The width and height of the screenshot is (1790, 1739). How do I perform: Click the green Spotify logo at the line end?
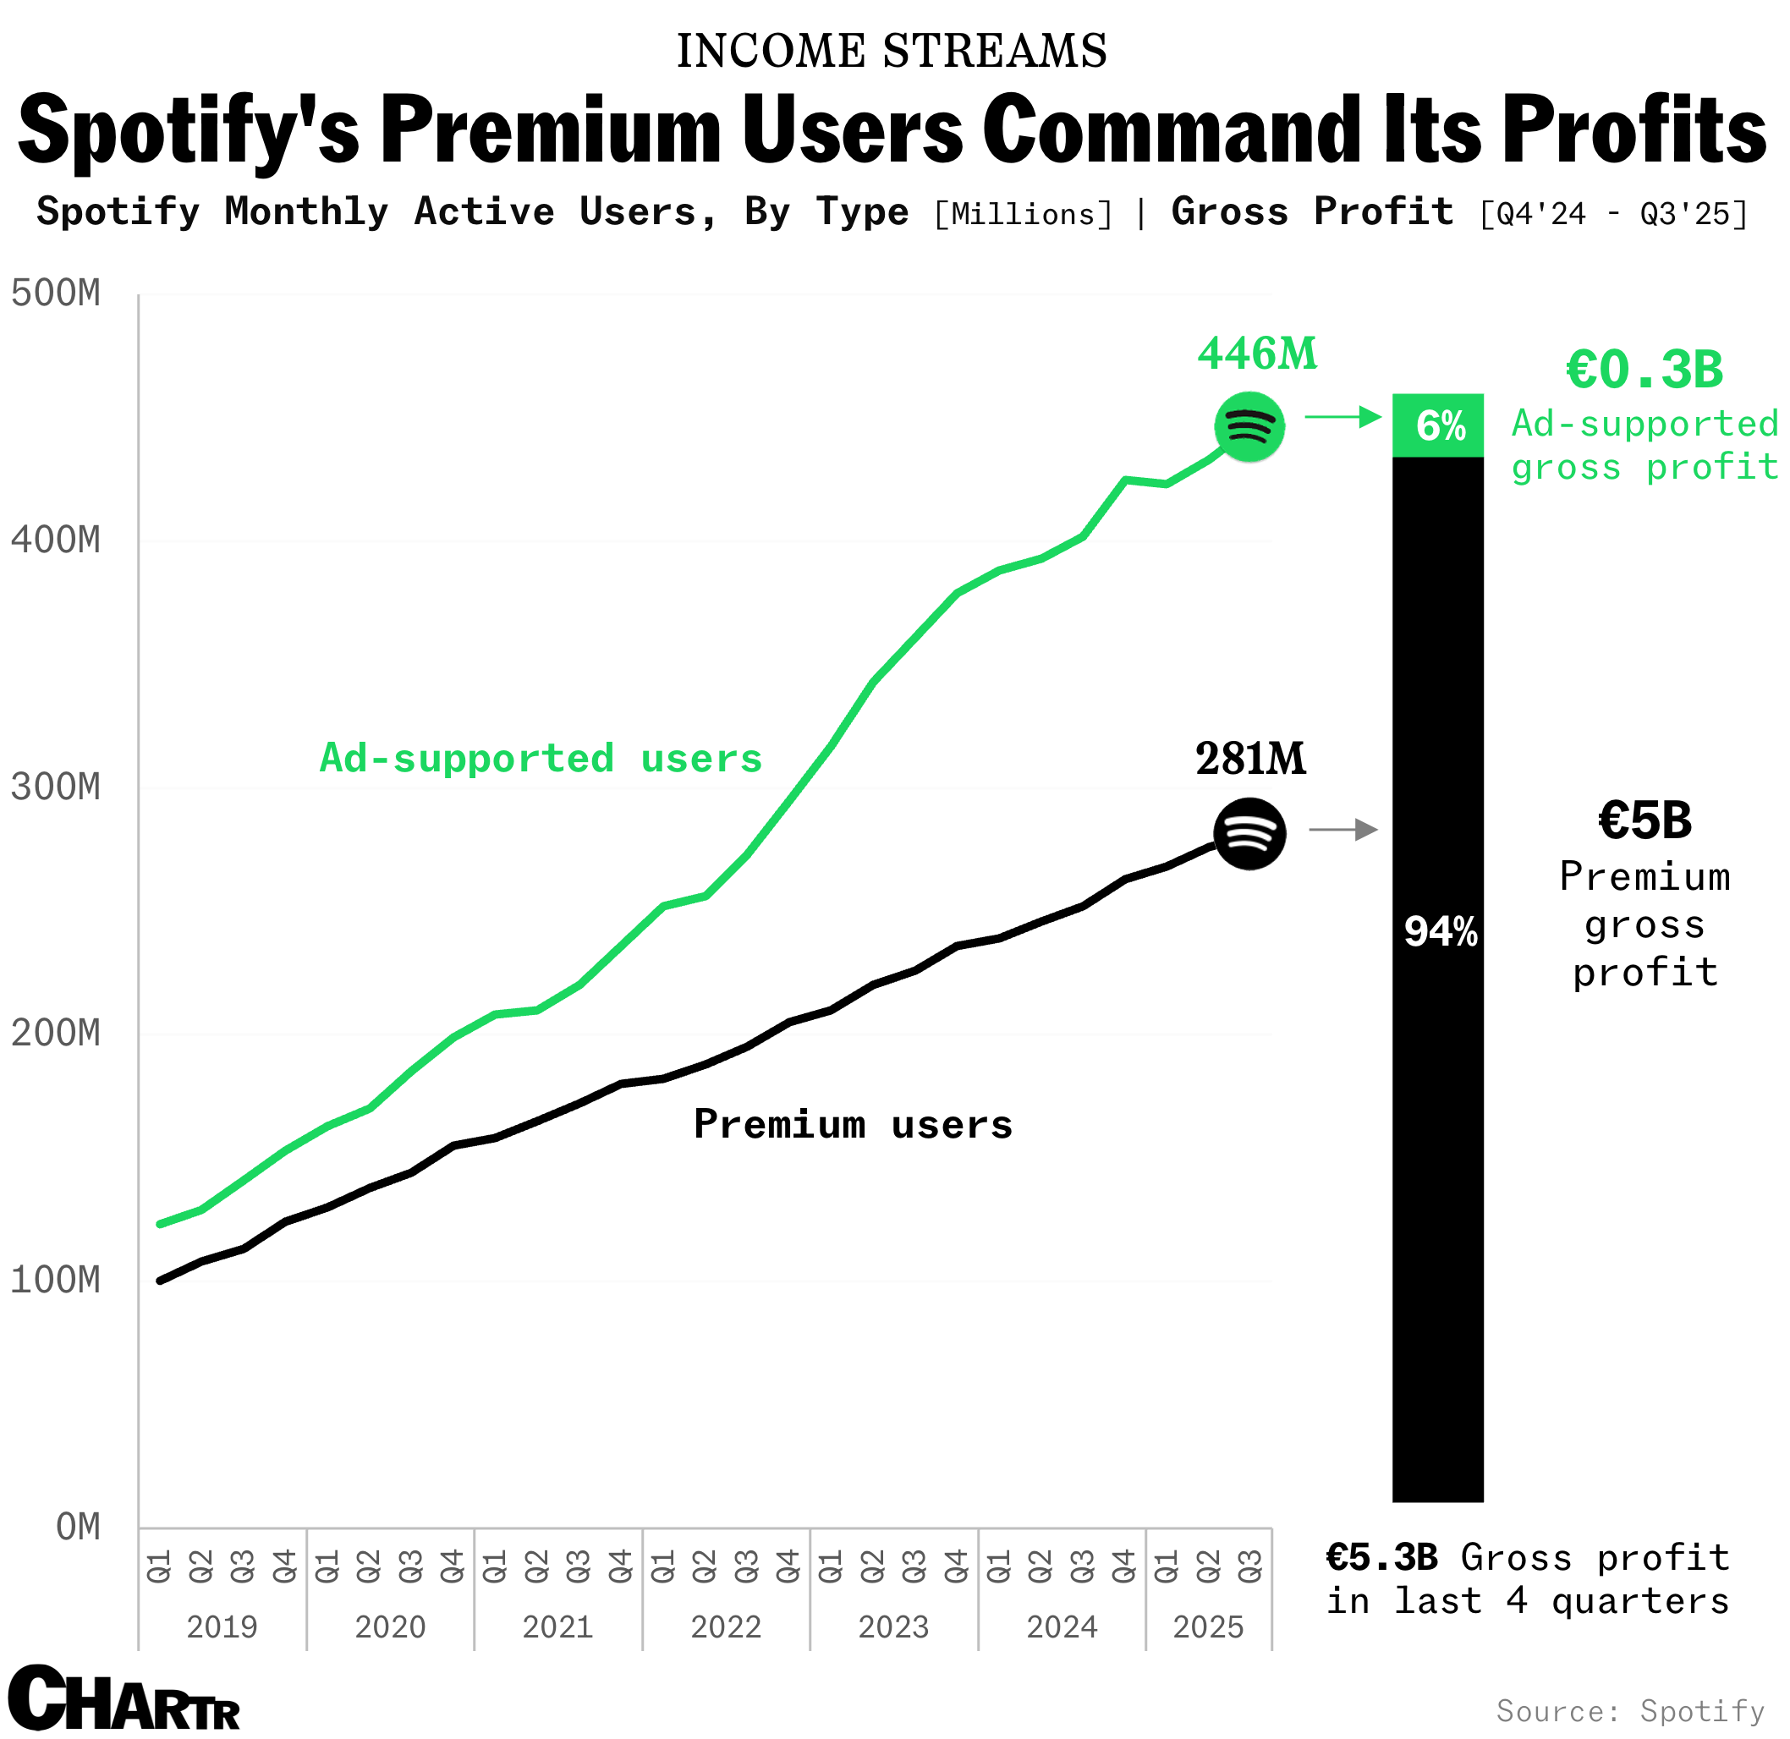tap(1249, 426)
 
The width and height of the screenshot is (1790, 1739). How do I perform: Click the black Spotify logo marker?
tap(1249, 833)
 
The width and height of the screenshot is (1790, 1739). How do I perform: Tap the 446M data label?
tap(1257, 354)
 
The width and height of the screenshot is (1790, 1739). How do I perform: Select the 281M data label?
tap(1250, 759)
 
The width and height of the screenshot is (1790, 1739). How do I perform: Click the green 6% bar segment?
tap(1437, 425)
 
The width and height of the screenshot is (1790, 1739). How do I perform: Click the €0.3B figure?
tap(1644, 370)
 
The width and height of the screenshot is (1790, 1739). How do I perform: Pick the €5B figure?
tap(1644, 820)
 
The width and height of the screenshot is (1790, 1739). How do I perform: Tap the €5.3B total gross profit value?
tap(1381, 1558)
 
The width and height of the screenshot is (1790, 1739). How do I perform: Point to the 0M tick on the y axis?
tap(78, 1527)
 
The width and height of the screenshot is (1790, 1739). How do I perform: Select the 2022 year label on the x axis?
tap(725, 1627)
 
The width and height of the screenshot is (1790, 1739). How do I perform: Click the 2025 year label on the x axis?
tap(1207, 1627)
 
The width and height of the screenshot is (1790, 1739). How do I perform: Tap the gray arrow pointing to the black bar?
tap(1343, 829)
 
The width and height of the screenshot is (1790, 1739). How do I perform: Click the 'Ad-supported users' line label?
tap(541, 759)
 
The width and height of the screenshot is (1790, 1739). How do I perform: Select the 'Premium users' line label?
tap(853, 1124)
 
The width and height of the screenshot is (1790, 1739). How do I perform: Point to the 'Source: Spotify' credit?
tap(1630, 1711)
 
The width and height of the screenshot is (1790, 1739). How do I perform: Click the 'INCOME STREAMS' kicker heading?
tap(892, 51)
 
